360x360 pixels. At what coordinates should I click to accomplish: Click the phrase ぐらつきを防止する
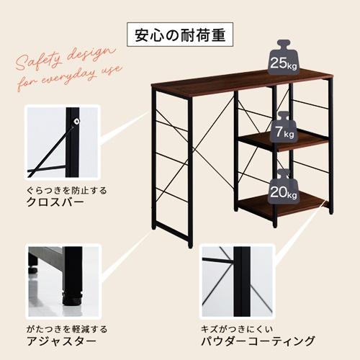coord(66,190)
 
